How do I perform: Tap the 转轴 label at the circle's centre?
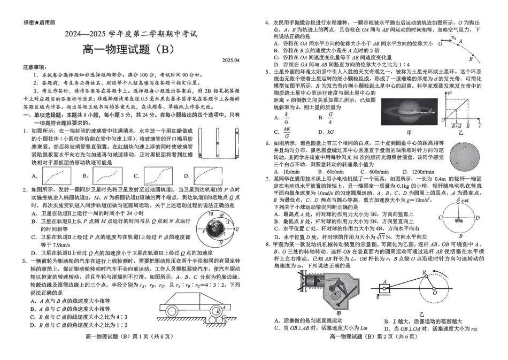click(458, 219)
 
